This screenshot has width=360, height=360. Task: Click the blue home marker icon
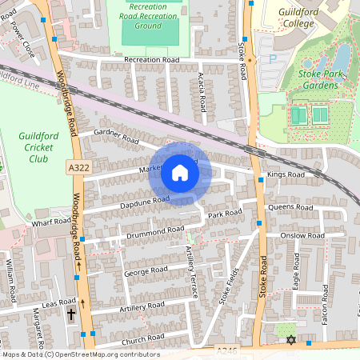[x=180, y=172]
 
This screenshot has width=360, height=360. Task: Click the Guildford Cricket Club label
[x=38, y=147]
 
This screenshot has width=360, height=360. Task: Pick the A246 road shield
[x=227, y=350]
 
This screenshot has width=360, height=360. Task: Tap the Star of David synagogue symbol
[x=290, y=341]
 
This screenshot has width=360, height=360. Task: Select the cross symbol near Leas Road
[x=71, y=314]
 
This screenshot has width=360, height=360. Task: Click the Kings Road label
[x=286, y=174]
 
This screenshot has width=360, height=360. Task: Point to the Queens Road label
[x=291, y=207]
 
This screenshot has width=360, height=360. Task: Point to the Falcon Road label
[x=326, y=303]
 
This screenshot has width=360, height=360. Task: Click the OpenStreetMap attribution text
[x=80, y=354]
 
